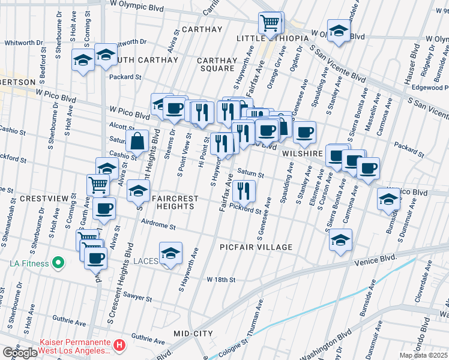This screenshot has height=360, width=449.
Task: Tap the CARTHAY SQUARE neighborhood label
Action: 217,64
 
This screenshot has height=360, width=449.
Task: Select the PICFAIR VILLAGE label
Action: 256,247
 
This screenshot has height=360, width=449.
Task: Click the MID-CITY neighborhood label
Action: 193,333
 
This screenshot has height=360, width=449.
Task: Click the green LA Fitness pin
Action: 58,262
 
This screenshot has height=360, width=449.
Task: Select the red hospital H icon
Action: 119,346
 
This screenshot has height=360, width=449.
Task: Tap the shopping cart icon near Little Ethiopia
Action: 270,24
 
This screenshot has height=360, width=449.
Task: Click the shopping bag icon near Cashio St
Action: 137,142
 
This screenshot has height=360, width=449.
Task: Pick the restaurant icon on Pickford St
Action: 244,191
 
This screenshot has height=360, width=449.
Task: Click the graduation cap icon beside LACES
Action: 171,253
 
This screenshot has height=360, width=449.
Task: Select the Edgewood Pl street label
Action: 429,88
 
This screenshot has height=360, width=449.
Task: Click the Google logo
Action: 20,353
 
